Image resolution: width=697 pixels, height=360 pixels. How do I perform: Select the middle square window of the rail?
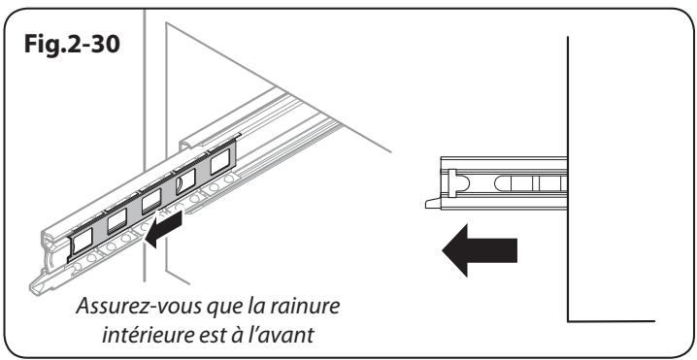(x=150, y=205)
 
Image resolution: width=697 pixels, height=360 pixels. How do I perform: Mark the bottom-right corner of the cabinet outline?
(x=568, y=319)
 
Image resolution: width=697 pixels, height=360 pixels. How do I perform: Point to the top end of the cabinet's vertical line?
(x=568, y=35)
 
